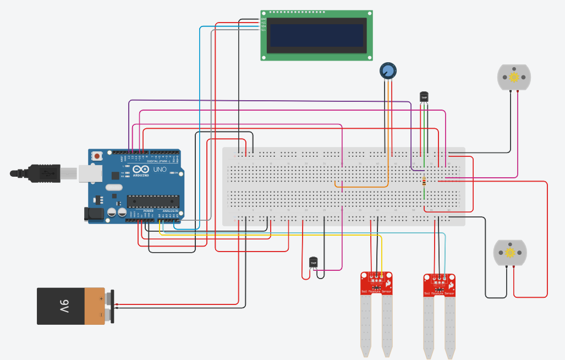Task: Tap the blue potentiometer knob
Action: tap(388, 70)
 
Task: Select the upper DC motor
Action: tap(514, 77)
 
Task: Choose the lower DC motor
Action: tap(510, 253)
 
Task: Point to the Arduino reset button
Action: tap(97, 156)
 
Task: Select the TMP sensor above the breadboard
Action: tap(424, 97)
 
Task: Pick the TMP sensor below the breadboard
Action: tap(314, 263)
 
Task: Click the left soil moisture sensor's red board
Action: tap(377, 283)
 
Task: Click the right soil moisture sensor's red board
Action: tap(440, 285)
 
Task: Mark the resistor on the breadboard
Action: tap(424, 181)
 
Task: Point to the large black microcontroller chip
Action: tap(153, 202)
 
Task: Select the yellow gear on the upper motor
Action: tap(514, 77)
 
